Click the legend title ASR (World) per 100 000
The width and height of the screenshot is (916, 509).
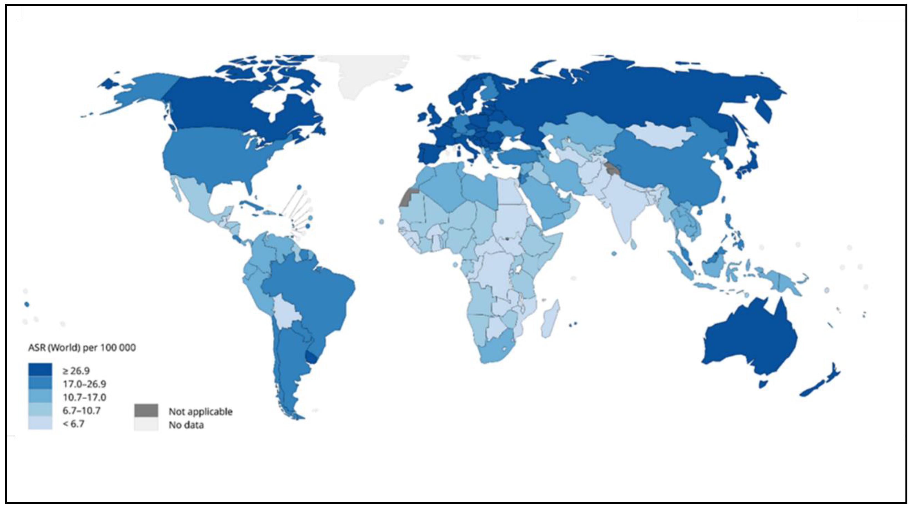pos(82,347)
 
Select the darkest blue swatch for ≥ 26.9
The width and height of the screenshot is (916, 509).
pos(40,370)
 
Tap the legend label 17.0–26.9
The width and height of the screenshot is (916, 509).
pos(84,384)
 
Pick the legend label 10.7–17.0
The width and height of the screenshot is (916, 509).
pos(84,397)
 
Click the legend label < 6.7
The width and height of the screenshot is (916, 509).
pos(73,424)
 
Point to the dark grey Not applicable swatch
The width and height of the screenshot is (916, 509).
pos(146,410)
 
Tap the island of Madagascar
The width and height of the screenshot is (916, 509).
pos(550,318)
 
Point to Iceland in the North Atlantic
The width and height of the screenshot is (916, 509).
pos(404,87)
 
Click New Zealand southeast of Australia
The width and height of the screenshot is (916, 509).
pos(821,384)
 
